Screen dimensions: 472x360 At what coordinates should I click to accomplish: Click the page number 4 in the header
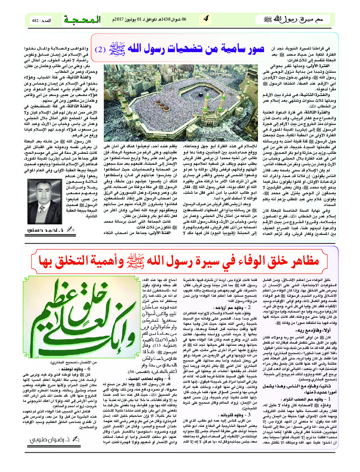click(206, 18)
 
